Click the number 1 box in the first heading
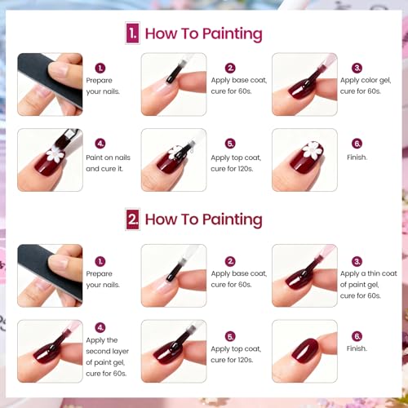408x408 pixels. click(132, 33)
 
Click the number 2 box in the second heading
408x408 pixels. click(132, 219)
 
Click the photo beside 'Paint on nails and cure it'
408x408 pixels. click(50, 160)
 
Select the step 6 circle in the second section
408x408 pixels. click(357, 335)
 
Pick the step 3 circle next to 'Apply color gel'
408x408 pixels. click(357, 68)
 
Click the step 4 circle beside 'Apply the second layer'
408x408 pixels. click(100, 326)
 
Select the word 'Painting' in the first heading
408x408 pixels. click(228, 33)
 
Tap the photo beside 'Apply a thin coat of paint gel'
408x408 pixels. click(304, 276)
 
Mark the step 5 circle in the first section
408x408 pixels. click(230, 143)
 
